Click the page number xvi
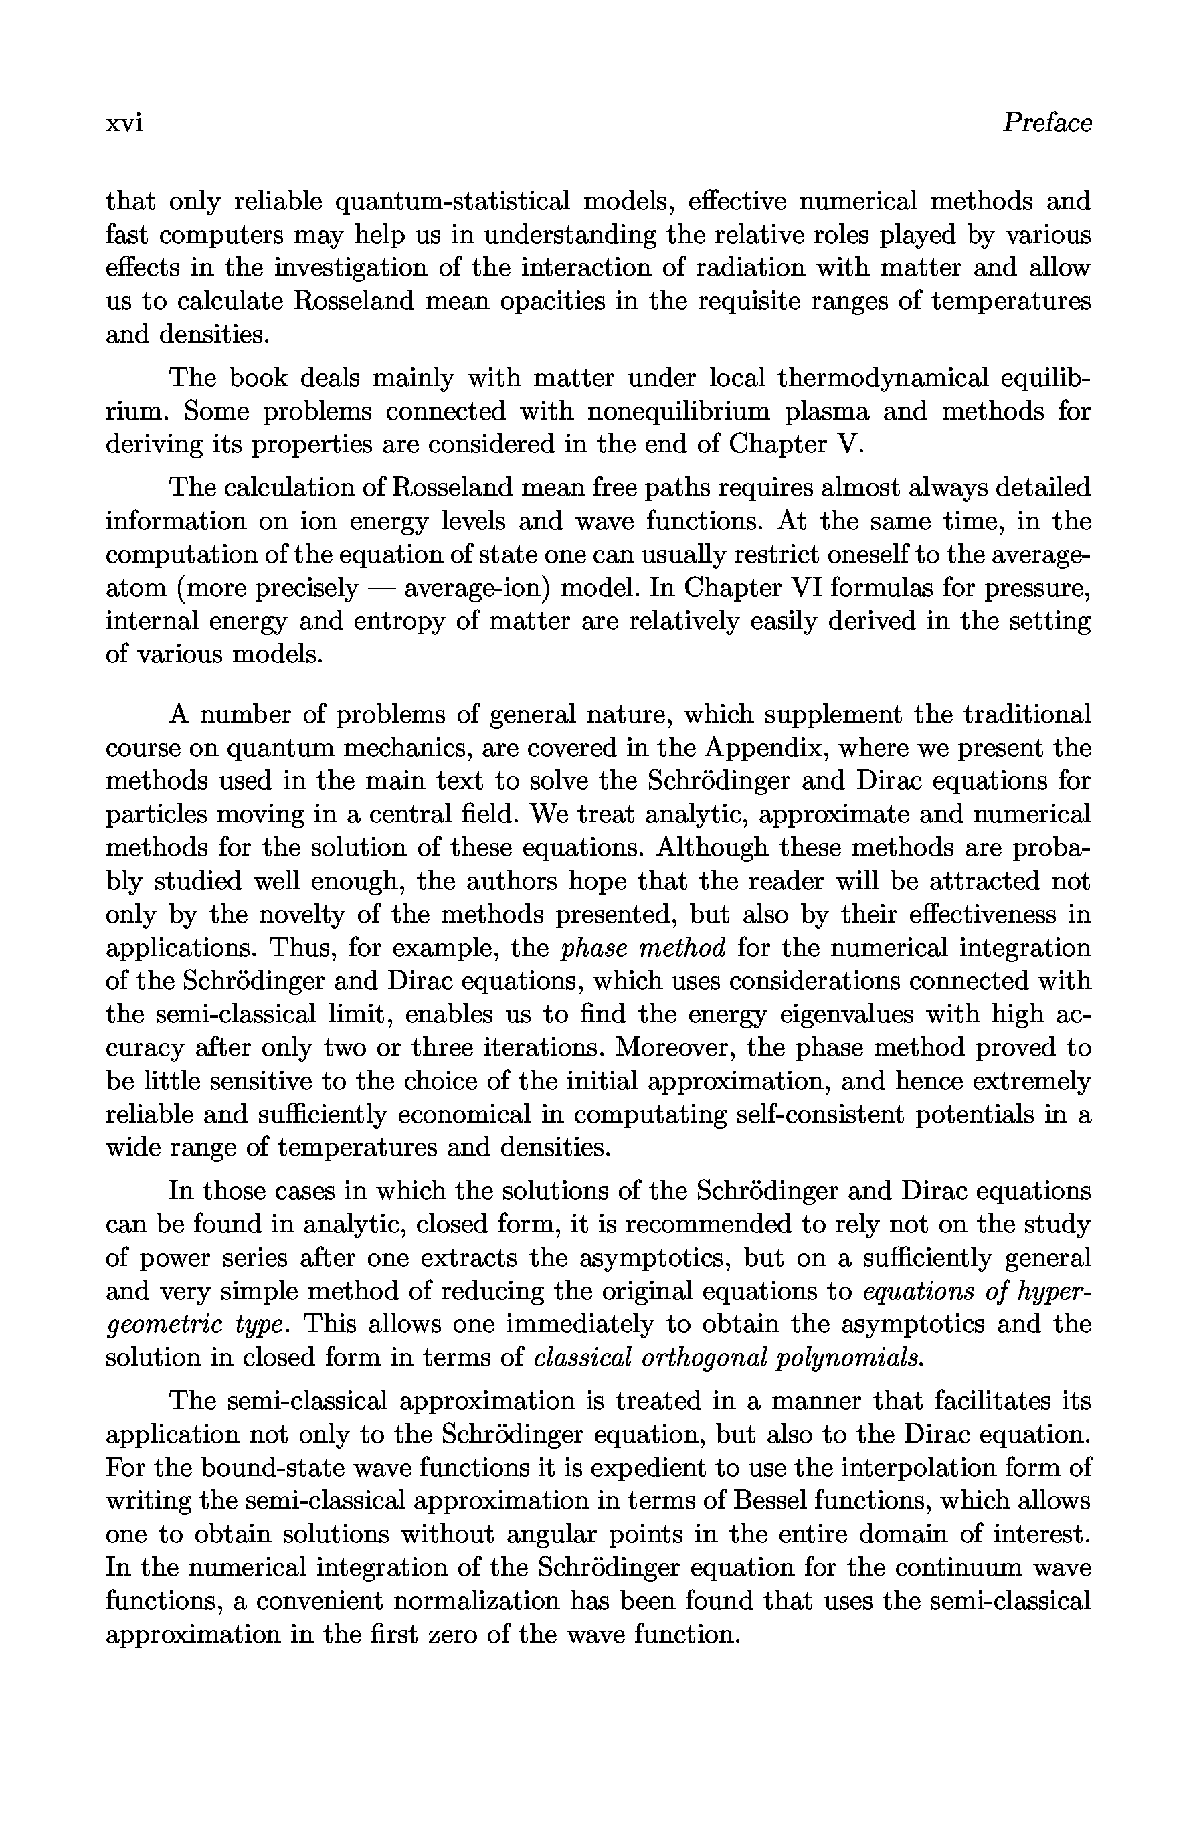point(124,124)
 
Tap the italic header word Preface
point(1047,123)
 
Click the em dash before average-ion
point(381,588)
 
